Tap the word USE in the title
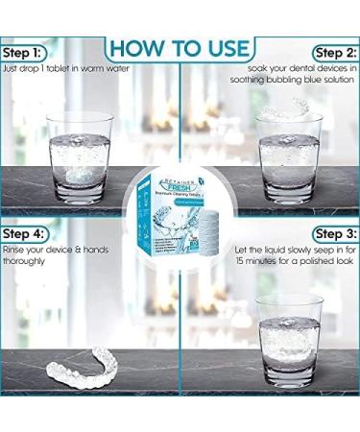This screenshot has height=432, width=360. [x=223, y=47]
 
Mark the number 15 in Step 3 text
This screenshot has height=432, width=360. [x=240, y=262]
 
